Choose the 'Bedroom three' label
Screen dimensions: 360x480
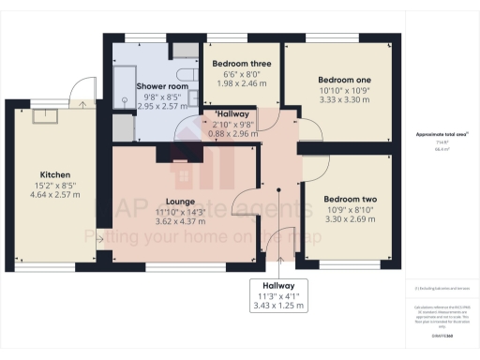242,64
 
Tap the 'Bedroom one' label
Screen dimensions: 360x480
342,80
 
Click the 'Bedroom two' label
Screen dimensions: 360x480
350,199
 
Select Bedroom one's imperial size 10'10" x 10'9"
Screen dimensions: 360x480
342,91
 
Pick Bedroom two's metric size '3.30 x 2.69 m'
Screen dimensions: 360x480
350,221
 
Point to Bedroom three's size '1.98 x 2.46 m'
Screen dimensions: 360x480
242,83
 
